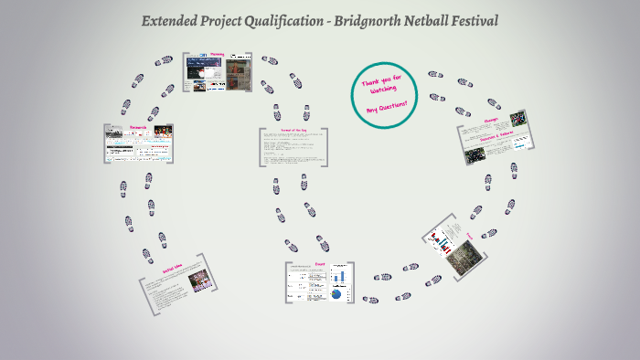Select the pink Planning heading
click(217, 55)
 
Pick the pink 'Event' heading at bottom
click(320, 264)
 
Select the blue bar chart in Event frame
click(337, 275)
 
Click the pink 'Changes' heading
click(490, 119)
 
